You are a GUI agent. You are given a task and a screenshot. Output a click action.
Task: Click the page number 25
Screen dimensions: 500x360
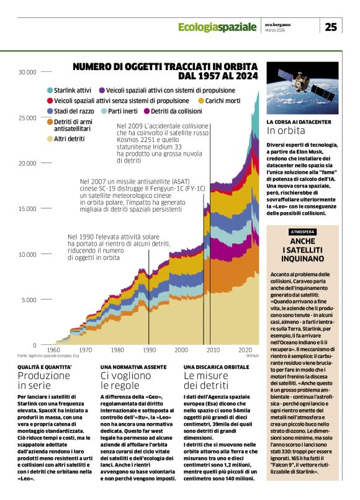coord(331,27)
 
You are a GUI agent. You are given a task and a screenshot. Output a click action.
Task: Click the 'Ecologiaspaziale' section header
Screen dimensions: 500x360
coord(217,27)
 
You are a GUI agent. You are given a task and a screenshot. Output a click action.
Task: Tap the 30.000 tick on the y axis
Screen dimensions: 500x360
coord(27,72)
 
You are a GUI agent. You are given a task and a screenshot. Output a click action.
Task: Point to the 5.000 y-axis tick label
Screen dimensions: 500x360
coord(29,300)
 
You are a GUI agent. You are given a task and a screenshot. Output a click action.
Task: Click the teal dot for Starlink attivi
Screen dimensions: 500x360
coord(50,91)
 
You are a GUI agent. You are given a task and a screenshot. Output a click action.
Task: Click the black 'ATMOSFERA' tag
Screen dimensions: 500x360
coord(303,232)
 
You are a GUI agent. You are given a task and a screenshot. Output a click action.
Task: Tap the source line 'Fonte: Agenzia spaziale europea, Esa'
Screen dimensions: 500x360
coord(48,356)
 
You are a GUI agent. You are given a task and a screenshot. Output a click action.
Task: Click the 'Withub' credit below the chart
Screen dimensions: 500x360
coord(252,356)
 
